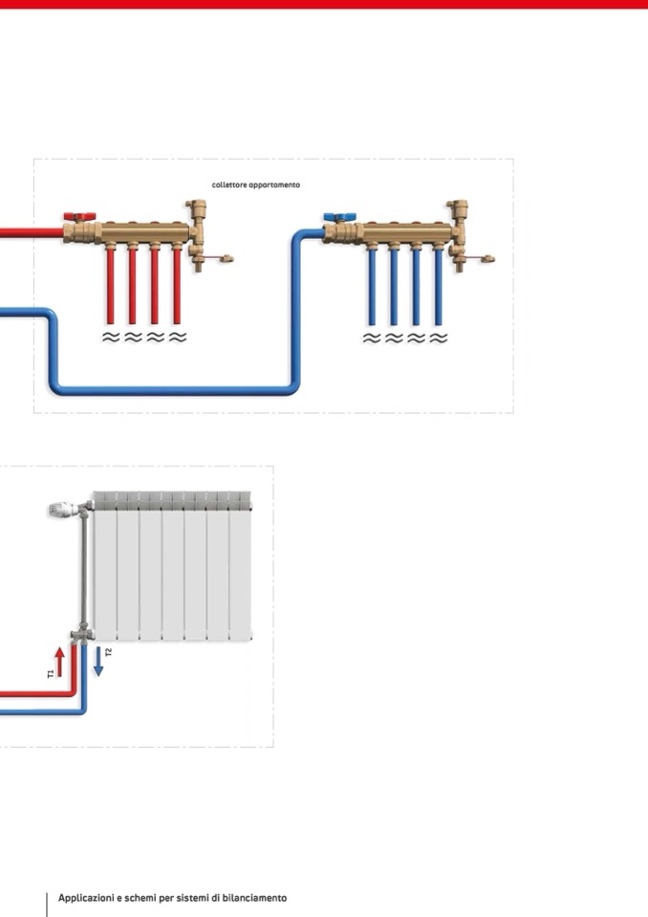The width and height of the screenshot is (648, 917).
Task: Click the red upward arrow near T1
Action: tap(60, 661)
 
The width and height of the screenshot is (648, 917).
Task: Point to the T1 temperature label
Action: tap(50, 674)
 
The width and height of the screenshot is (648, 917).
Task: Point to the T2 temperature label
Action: tap(108, 652)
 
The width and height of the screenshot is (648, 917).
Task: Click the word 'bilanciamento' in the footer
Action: tap(253, 898)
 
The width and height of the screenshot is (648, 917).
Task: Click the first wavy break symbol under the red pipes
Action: tap(111, 338)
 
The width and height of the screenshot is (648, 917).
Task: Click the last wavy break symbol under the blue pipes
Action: tap(439, 338)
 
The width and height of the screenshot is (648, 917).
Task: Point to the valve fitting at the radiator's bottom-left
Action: tap(81, 636)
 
